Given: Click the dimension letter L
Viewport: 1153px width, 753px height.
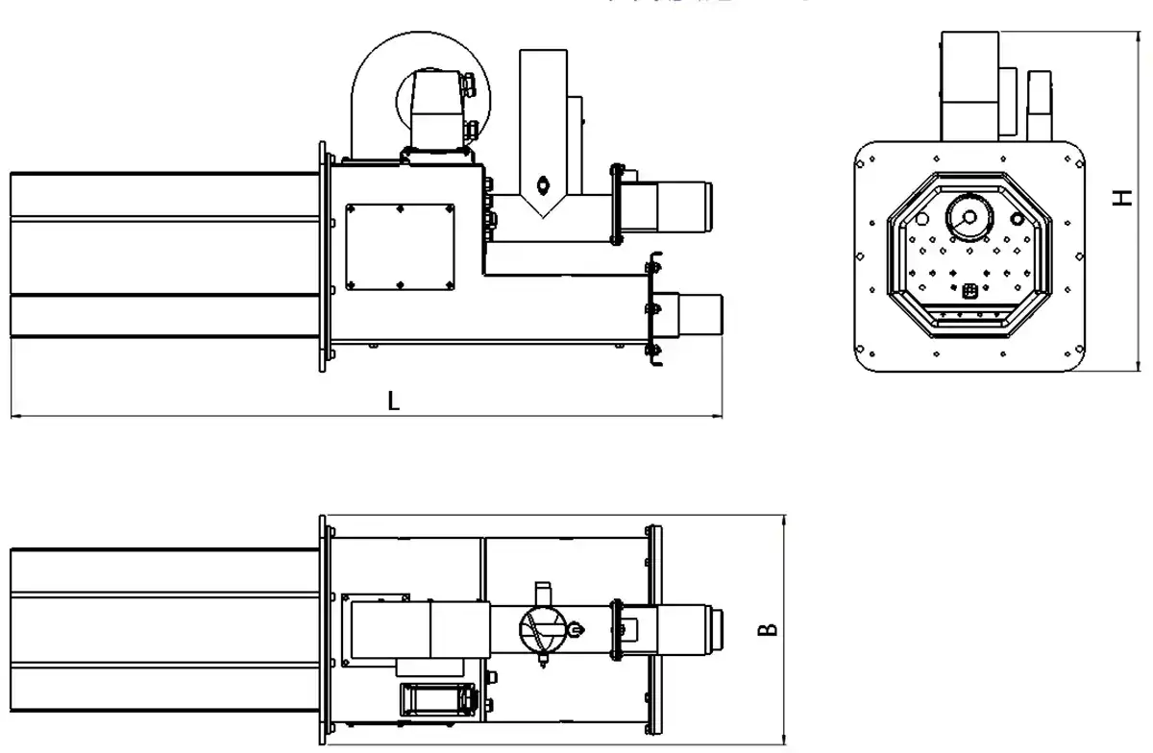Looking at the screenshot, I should (x=393, y=401).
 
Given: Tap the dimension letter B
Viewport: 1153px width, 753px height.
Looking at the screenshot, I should (x=768, y=630).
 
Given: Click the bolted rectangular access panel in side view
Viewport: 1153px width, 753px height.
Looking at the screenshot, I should (x=400, y=245).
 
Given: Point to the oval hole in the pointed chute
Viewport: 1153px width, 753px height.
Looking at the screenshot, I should (x=543, y=182).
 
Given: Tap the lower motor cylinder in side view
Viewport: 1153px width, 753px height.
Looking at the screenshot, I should (x=699, y=314).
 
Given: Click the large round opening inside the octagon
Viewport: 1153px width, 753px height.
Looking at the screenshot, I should (x=967, y=216).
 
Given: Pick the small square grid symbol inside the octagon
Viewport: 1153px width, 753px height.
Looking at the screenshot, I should (x=969, y=289).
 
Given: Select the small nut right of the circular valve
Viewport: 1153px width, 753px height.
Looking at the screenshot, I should (x=575, y=630).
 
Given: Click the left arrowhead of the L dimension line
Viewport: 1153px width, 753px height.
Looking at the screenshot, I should (x=13, y=417).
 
